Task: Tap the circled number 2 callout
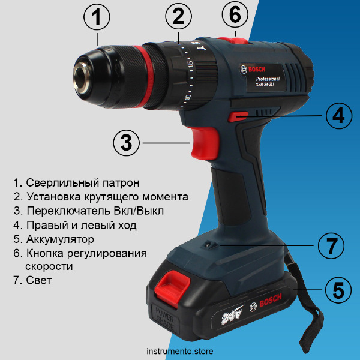(178, 17)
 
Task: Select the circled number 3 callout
(126, 143)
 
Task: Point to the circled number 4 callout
(338, 115)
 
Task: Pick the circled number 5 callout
(338, 290)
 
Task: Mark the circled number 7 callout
(331, 245)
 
